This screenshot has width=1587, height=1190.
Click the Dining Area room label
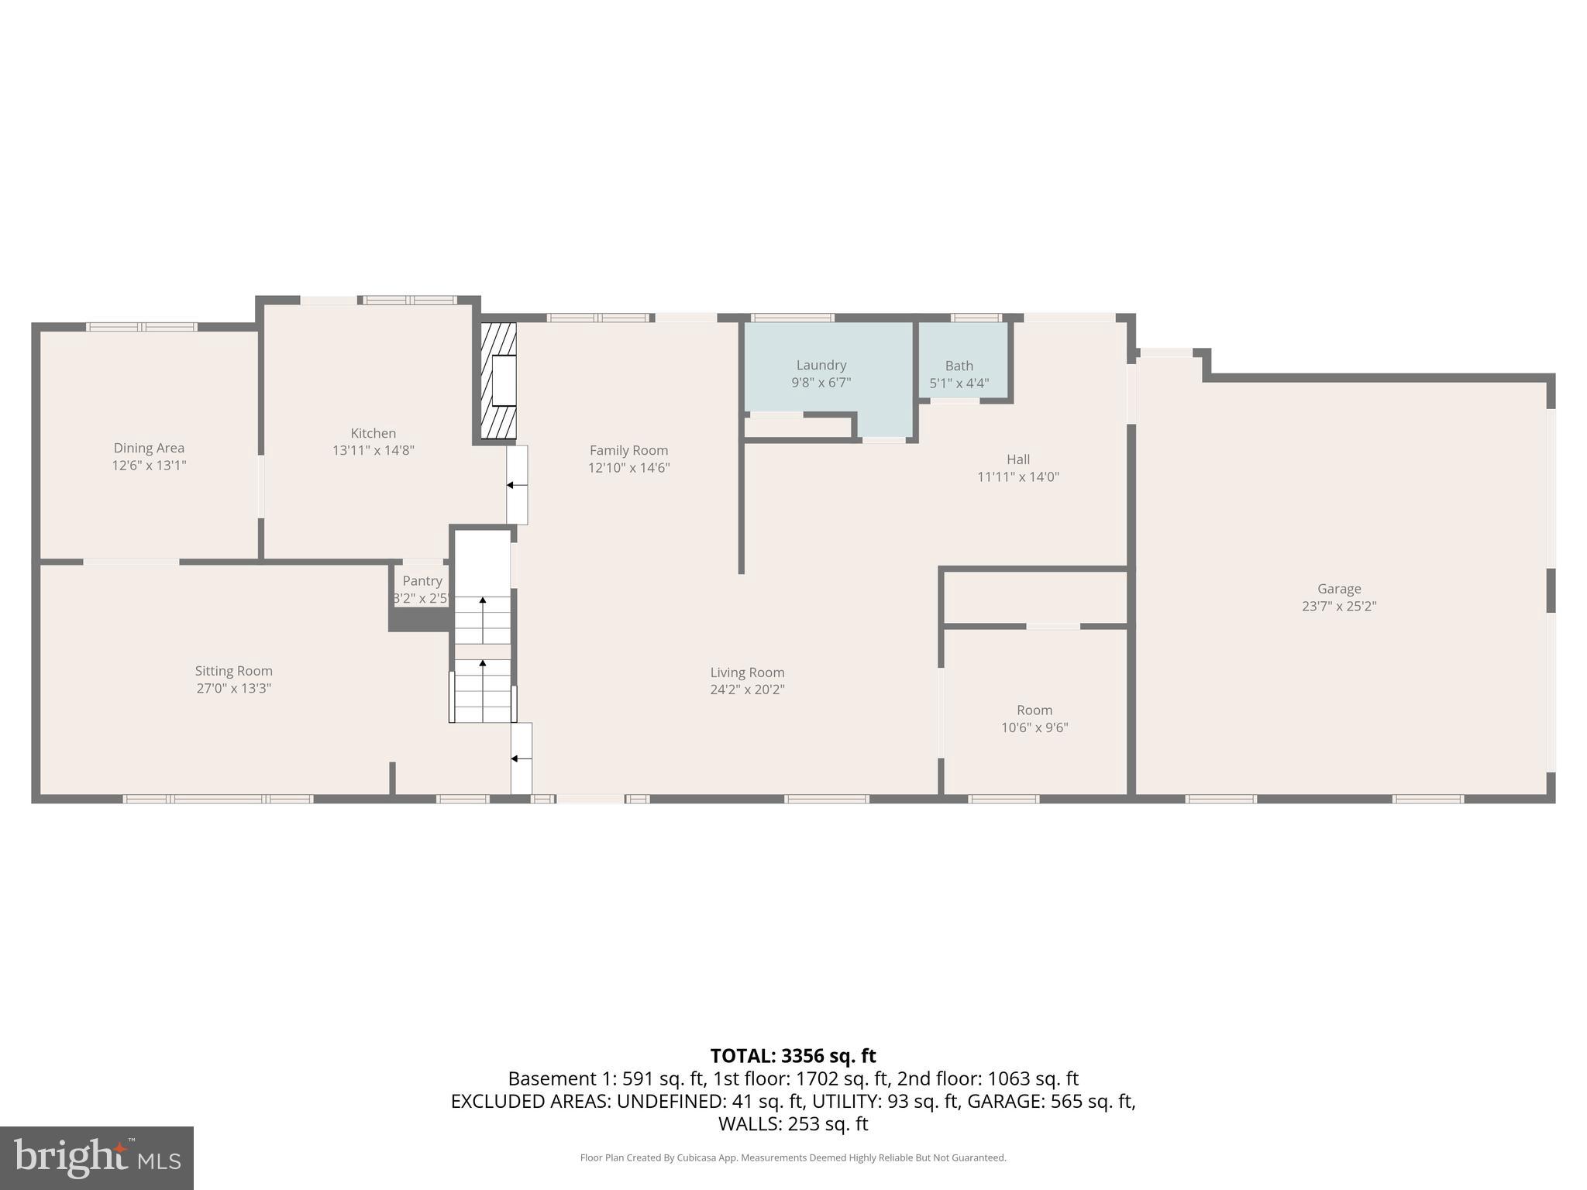point(149,448)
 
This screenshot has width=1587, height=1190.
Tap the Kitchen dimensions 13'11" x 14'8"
point(374,450)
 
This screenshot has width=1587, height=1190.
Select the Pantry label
point(422,581)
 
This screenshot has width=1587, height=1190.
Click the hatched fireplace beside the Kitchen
point(498,381)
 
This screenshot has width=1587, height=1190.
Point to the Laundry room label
point(821,365)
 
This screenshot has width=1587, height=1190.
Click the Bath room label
point(959,366)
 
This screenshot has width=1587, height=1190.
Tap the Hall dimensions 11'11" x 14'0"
point(1017,477)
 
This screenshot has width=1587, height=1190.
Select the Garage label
point(1338,589)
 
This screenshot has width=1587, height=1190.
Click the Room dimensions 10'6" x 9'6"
point(1034,727)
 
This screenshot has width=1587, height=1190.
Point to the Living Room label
point(747,672)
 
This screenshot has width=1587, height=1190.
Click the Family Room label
point(628,450)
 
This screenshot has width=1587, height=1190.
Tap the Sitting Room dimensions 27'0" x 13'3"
point(233,688)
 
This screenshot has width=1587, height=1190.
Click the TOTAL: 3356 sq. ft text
point(793,1056)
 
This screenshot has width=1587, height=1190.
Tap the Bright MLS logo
point(96,1158)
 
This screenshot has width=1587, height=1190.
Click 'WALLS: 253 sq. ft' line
point(793,1123)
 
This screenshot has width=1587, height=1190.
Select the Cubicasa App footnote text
point(793,1157)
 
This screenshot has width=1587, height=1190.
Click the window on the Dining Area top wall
point(142,327)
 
